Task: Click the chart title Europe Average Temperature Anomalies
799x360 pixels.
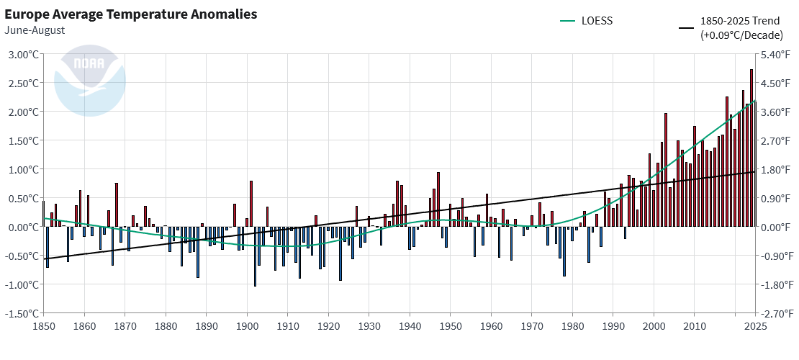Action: (x=130, y=14)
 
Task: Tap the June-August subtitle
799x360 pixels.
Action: (x=34, y=30)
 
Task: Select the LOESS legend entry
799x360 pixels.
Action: (x=587, y=20)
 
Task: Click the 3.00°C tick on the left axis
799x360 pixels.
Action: (x=22, y=54)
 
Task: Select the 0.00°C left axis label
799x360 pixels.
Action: (x=22, y=227)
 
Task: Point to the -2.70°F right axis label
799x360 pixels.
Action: (x=777, y=313)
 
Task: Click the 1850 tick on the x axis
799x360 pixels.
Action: (x=43, y=325)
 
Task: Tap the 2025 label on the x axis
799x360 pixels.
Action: (x=755, y=325)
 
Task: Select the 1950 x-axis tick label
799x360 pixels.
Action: (x=450, y=325)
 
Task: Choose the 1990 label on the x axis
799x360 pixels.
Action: (x=613, y=325)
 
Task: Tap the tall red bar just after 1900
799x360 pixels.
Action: (x=251, y=204)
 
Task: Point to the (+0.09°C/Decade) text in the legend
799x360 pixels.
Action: (x=734, y=34)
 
